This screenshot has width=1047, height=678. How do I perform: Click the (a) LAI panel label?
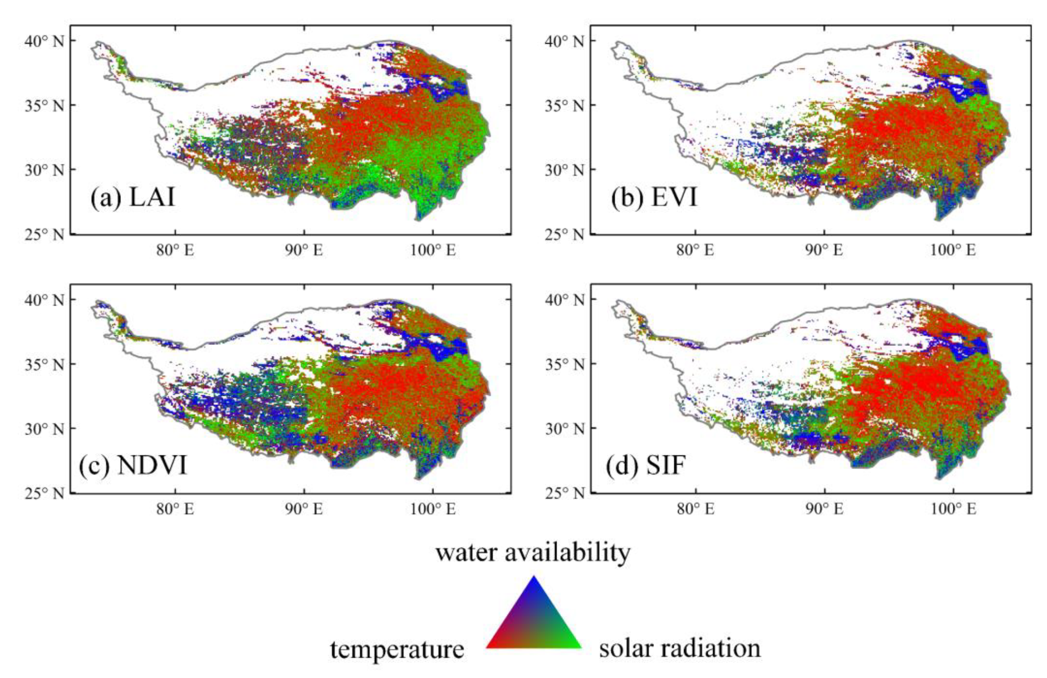tap(132, 197)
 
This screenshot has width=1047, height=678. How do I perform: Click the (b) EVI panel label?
tap(654, 197)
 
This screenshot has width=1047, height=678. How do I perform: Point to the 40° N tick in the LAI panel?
tap(44, 41)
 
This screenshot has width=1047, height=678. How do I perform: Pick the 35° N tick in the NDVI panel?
tap(44, 364)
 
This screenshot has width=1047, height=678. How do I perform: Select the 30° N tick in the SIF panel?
tap(564, 429)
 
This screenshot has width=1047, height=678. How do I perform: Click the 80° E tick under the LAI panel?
tap(175, 251)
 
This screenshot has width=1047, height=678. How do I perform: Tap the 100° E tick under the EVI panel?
tap(953, 251)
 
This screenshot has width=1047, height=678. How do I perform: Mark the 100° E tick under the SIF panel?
tap(953, 509)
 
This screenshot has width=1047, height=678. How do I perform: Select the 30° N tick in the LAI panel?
tap(44, 170)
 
